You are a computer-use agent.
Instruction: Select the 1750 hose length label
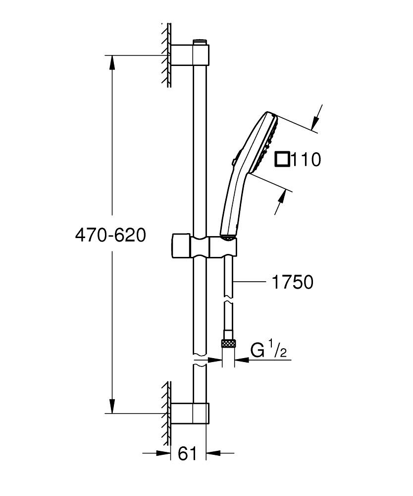292,282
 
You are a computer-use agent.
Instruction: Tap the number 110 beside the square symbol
306,160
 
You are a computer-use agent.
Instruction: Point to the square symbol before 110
282,160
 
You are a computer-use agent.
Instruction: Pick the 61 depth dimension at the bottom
187,453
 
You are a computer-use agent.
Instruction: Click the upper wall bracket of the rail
190,55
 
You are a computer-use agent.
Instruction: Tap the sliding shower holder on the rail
203,247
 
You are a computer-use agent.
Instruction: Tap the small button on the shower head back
233,161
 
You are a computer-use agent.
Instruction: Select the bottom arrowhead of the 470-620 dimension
113,407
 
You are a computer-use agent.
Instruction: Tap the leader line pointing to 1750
251,282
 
